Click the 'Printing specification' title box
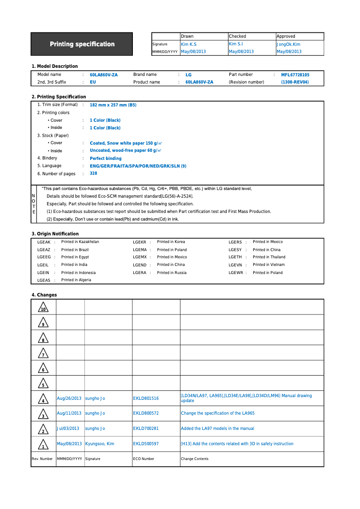coord(82,44)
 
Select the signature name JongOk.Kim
coord(289,44)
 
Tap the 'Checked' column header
coord(237,36)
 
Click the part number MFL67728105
coord(295,75)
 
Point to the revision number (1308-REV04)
coord(295,82)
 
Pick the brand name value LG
coord(189,75)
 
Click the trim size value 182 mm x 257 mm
coord(113,105)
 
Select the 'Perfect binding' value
coord(105,159)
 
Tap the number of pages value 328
coord(93,173)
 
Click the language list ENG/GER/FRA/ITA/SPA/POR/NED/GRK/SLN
coord(138,166)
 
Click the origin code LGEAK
coord(44,242)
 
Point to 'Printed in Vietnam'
coord(268,265)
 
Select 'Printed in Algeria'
coord(76,280)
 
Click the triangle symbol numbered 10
coord(43,308)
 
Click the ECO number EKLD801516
coord(146,398)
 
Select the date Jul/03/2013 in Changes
coord(68,429)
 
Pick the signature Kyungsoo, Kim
coord(100,444)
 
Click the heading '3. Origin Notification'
coord(55,234)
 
